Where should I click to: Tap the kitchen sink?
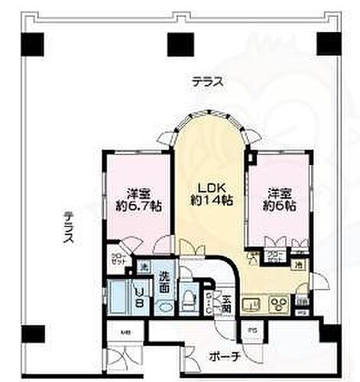tap(253, 303)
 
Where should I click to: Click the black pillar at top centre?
tap(179, 45)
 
